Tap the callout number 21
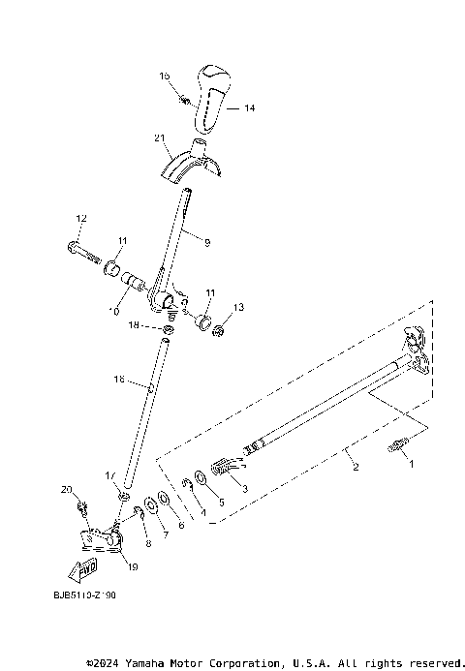160,137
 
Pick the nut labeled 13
219,331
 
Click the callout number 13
238,308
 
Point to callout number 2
356,467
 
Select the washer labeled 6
162,497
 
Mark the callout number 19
133,567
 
